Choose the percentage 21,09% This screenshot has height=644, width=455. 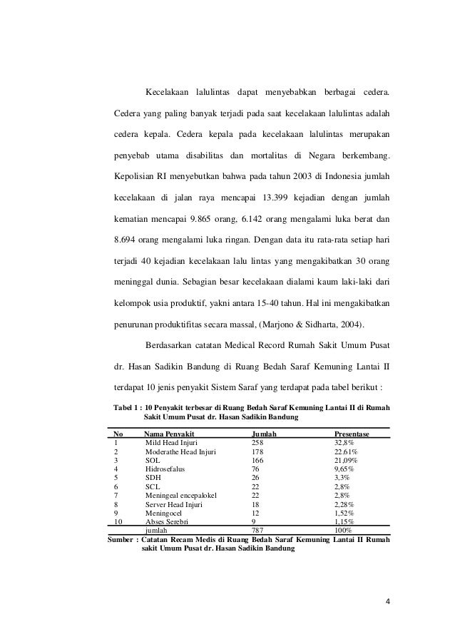pyautogui.click(x=347, y=461)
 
